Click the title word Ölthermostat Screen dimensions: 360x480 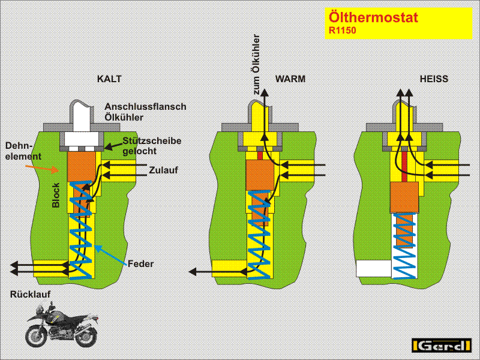tap(373, 17)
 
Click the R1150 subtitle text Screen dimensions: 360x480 tap(342, 29)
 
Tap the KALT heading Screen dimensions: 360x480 tap(109, 79)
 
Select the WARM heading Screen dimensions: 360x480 tap(290, 79)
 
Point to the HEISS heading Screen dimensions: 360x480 tap(434, 79)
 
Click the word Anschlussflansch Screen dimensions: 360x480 tap(145, 107)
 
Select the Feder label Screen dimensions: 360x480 tap(140, 263)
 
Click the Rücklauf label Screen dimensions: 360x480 tap(30, 294)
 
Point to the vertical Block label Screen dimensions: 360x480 tap(56, 195)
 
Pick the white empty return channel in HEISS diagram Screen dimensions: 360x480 tap(373, 268)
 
